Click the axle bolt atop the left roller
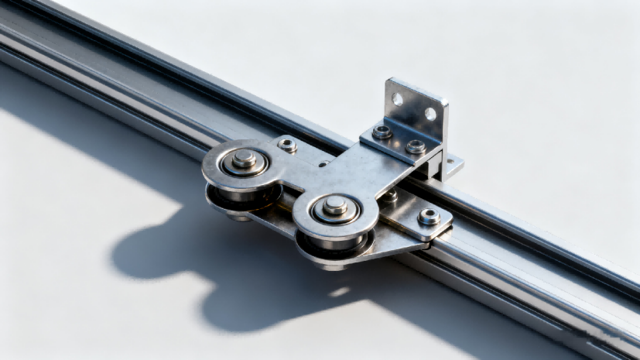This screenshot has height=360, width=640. tap(245, 159)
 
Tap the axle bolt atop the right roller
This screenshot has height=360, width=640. tap(335, 206)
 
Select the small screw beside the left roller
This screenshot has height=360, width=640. tap(288, 144)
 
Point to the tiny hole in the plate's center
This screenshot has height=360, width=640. tap(322, 164)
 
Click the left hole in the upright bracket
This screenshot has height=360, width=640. tap(397, 99)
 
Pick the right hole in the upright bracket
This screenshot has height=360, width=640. tap(430, 114)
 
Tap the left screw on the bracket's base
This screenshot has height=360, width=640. tap(382, 132)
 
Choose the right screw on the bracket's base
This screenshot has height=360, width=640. tap(416, 146)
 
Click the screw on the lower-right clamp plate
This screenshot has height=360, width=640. tap(429, 216)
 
